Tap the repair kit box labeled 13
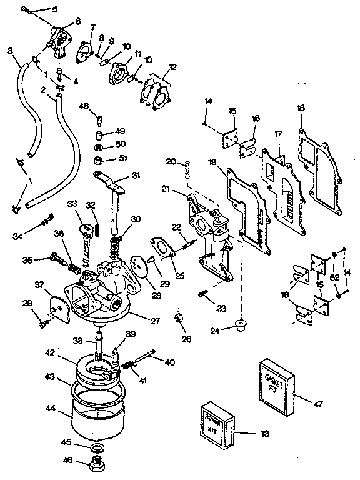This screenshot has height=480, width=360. (218, 422)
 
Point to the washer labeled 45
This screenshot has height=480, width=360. (97, 448)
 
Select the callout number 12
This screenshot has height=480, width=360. (172, 66)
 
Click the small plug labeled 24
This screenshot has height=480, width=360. (239, 323)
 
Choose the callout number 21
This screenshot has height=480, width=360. (166, 189)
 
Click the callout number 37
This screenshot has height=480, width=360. (40, 286)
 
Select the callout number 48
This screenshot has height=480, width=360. (84, 106)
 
